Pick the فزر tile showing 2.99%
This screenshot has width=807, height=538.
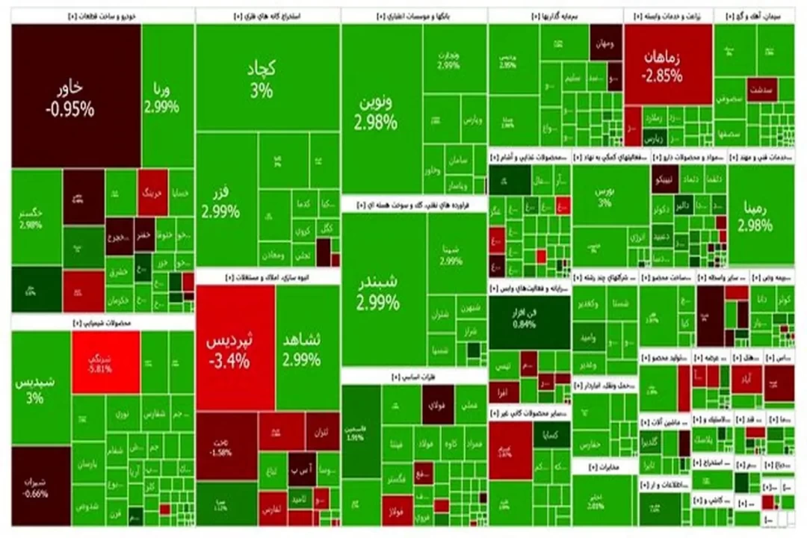(x=224, y=200)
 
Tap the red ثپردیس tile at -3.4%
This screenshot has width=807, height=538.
(x=234, y=348)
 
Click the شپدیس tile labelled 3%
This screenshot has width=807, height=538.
(x=40, y=389)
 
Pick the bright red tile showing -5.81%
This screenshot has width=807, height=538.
(x=105, y=362)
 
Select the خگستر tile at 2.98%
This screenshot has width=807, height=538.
(x=35, y=217)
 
